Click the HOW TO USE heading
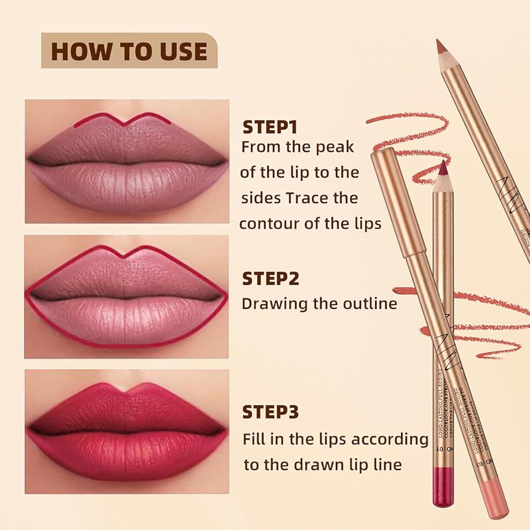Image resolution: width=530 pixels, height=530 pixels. tap(129, 51)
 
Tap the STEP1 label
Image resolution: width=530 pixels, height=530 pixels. tap(270, 128)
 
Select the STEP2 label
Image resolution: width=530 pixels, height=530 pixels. tap(270, 279)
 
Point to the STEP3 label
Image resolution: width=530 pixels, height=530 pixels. tap(270, 412)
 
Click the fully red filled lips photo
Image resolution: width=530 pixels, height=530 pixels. tap(127, 431)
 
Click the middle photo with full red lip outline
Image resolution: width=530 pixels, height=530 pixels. tap(127, 297)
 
